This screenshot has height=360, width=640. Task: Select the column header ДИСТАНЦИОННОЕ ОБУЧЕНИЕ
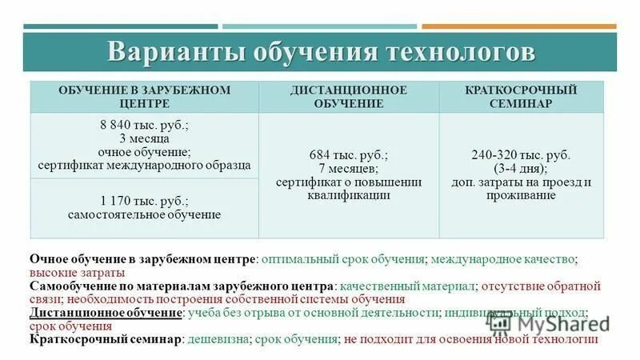coord(349,97)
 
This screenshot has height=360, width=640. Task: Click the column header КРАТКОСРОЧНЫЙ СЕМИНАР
coord(520,97)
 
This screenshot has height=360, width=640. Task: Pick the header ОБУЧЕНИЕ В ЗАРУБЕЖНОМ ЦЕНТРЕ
coord(144,97)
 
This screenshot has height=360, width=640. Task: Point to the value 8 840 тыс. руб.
coord(144,126)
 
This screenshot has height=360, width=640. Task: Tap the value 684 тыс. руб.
coord(349,155)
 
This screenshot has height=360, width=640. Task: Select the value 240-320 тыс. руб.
coord(520,155)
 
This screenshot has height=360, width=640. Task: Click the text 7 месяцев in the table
coord(349,169)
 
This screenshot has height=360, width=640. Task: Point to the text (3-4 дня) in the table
coord(520,169)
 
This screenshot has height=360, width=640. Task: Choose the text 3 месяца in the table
coord(144,138)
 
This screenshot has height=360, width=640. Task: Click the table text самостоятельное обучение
coord(144,214)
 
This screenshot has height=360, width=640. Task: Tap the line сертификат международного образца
coord(144,165)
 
